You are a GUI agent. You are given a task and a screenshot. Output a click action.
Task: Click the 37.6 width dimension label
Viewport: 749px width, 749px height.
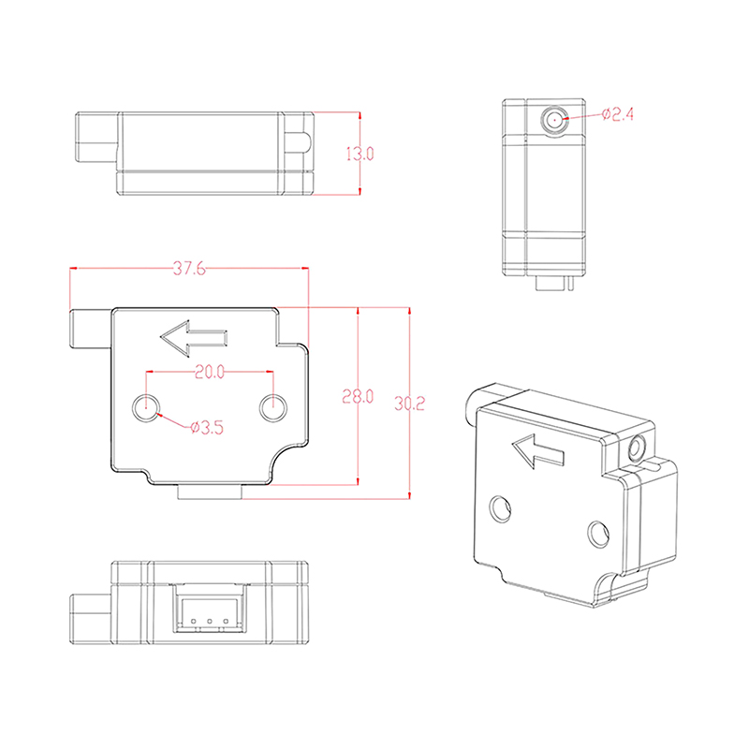click(x=189, y=269)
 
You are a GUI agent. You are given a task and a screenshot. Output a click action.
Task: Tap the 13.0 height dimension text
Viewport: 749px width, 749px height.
click(x=360, y=154)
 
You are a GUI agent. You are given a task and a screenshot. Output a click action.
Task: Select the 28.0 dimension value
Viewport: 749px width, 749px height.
click(x=358, y=396)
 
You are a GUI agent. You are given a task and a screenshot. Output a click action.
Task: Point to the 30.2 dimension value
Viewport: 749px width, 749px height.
click(x=409, y=404)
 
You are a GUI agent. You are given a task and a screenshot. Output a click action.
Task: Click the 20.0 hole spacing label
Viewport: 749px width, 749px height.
click(x=210, y=372)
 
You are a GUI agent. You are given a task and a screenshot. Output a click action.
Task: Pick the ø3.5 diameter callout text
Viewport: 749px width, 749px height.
click(x=207, y=427)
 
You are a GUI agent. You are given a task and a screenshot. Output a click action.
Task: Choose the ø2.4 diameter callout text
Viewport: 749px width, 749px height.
click(x=618, y=114)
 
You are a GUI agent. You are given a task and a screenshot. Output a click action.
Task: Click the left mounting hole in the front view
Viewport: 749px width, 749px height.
click(x=146, y=408)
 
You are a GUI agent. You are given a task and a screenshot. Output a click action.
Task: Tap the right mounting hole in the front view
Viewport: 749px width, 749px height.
click(x=273, y=408)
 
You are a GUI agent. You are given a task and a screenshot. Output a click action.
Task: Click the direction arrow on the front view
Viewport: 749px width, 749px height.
click(x=194, y=338)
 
